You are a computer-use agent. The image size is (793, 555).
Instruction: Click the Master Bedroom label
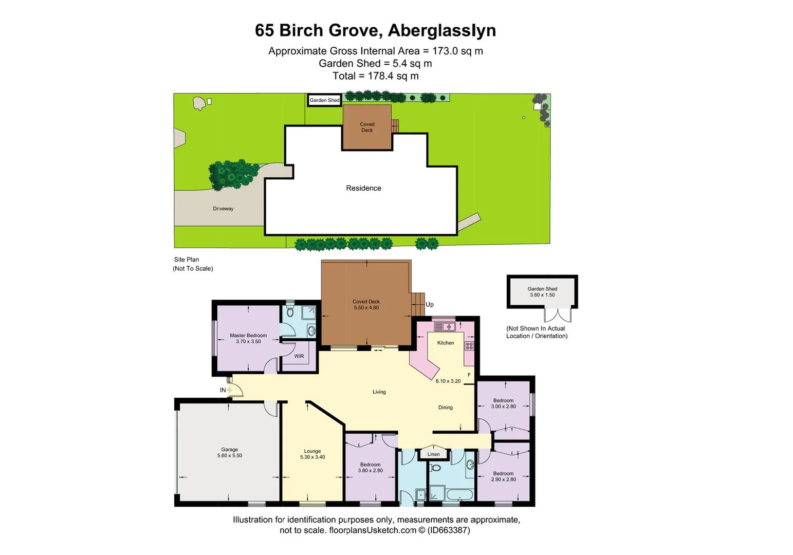pos(248,336)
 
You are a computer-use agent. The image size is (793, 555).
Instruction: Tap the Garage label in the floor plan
pos(229,450)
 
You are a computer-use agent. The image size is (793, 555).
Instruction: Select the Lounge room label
pos(312,451)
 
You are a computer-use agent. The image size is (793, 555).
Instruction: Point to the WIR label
pos(299,356)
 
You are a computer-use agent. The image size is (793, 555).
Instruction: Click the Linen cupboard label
pos(434,454)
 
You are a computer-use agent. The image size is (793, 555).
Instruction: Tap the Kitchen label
pos(446,343)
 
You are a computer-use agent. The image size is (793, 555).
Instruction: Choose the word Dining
pos(446,408)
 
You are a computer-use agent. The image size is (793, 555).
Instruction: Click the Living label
pos(379,392)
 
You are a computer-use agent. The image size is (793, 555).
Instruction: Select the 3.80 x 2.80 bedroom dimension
pos(370,471)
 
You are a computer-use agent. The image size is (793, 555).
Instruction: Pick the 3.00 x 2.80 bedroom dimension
pos(503,406)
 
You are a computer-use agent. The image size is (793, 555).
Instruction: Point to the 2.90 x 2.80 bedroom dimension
pos(503,479)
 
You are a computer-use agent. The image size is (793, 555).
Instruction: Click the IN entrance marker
pos(223,390)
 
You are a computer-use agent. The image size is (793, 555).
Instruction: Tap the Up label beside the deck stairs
pos(430,304)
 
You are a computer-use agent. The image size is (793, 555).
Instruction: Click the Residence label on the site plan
pos(363,188)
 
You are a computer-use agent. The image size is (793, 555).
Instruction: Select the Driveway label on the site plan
pos(223,209)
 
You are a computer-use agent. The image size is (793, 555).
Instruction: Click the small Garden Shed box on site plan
pos(324,100)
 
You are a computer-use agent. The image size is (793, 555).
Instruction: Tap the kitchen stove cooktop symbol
pos(469,346)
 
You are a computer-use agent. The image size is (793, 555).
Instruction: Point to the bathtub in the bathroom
pos(459,495)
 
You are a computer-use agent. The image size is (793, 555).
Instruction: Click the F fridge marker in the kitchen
pos(469,375)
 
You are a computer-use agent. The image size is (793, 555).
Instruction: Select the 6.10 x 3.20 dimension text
pos(448,381)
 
